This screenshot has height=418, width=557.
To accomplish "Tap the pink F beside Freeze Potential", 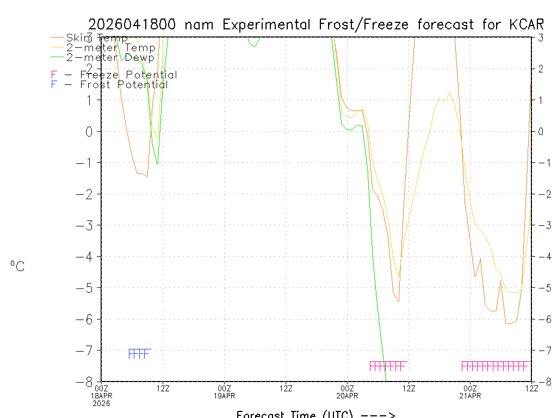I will pyautogui.click(x=54, y=75).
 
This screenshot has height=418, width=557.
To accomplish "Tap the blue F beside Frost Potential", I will pyautogui.click(x=54, y=84).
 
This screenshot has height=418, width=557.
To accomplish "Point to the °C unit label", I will pyautogui.click(x=17, y=266).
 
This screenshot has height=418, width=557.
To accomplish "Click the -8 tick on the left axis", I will pyautogui.click(x=89, y=382).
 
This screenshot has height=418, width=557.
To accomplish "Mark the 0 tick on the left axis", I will pyautogui.click(x=91, y=131).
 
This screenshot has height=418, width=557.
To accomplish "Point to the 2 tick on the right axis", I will pyautogui.click(x=540, y=69).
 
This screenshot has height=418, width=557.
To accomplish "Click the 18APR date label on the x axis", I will pyautogui.click(x=101, y=396).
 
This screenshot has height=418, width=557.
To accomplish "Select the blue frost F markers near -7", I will pyautogui.click(x=139, y=354).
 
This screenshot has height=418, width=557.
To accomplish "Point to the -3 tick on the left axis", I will pyautogui.click(x=89, y=225).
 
